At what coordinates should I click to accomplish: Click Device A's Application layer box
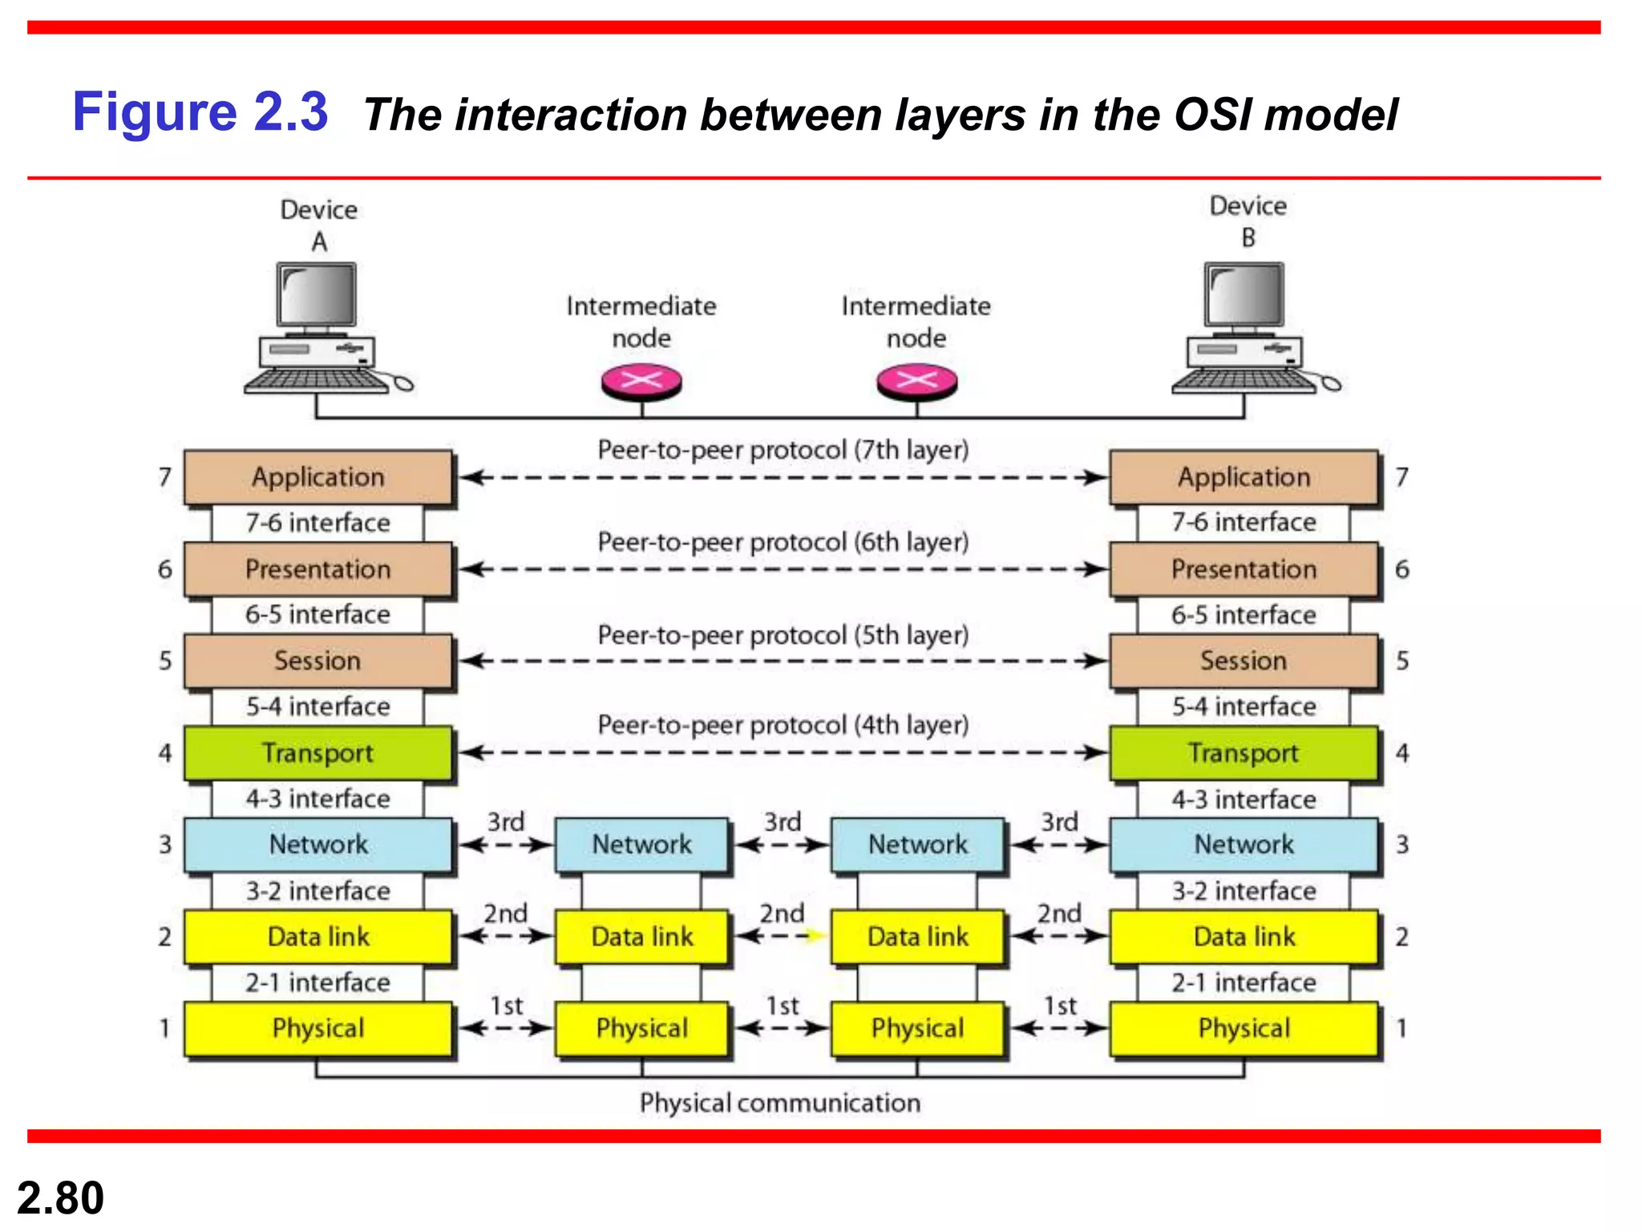pyautogui.click(x=318, y=477)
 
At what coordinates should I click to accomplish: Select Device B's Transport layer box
pyautogui.click(x=1244, y=753)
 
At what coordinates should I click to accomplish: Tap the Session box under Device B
pyautogui.click(x=1244, y=661)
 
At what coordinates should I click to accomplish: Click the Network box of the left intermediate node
pyautogui.click(x=641, y=845)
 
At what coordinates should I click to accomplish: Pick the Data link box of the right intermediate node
pyautogui.click(x=917, y=936)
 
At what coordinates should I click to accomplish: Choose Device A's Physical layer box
pyautogui.click(x=318, y=1028)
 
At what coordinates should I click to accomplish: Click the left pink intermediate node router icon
pyautogui.click(x=641, y=382)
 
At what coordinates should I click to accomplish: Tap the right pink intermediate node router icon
pyautogui.click(x=916, y=382)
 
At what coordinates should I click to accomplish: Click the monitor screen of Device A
pyautogui.click(x=317, y=294)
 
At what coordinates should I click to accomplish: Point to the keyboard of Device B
pyautogui.click(x=1243, y=380)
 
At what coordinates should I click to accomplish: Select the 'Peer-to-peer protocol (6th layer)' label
pyautogui.click(x=783, y=542)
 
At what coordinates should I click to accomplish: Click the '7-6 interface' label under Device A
pyautogui.click(x=318, y=523)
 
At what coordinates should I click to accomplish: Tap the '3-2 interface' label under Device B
pyautogui.click(x=1244, y=891)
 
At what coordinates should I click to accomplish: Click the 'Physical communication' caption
pyautogui.click(x=780, y=1103)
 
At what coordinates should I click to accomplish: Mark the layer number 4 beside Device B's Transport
pyautogui.click(x=1402, y=753)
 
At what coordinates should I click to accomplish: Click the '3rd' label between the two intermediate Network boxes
pyautogui.click(x=783, y=822)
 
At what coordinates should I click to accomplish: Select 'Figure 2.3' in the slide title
pyautogui.click(x=200, y=111)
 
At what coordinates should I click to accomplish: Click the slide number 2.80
pyautogui.click(x=60, y=1198)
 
